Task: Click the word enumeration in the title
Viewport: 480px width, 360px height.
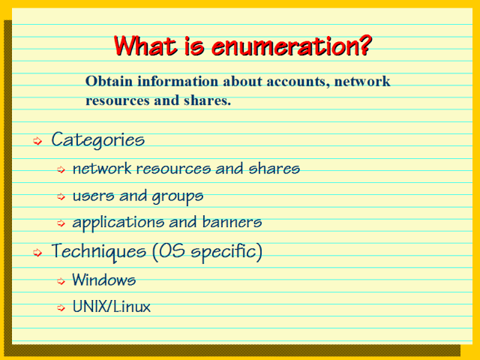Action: tap(288, 46)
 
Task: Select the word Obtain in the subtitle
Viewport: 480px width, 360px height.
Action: tap(106, 81)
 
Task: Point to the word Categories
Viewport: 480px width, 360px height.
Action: tap(97, 140)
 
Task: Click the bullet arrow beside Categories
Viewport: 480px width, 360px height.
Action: tap(37, 141)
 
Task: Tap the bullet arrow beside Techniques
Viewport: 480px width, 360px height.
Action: tap(37, 253)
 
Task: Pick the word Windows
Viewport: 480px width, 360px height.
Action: tap(103, 280)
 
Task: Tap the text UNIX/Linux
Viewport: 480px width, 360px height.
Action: tap(111, 307)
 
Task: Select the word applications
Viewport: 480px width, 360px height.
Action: tap(114, 223)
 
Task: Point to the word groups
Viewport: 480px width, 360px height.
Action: tap(178, 196)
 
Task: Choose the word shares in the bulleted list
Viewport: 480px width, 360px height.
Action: tap(274, 169)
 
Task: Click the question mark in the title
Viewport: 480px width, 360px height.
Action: tap(363, 46)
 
